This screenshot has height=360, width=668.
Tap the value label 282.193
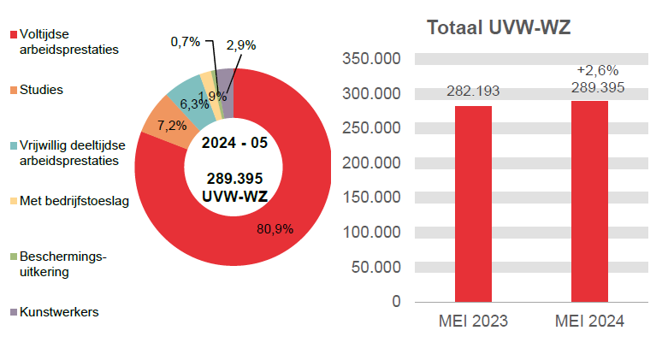tap(473, 91)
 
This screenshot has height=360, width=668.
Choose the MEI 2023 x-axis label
tap(473, 322)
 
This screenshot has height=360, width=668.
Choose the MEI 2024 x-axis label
tap(589, 322)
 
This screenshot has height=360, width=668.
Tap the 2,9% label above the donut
tap(241, 44)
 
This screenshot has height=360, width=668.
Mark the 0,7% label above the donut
tap(185, 41)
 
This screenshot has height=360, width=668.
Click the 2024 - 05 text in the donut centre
tap(234, 143)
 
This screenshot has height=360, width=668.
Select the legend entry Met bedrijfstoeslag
tap(73, 202)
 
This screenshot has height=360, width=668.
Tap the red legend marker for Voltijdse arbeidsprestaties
tap(13, 35)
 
